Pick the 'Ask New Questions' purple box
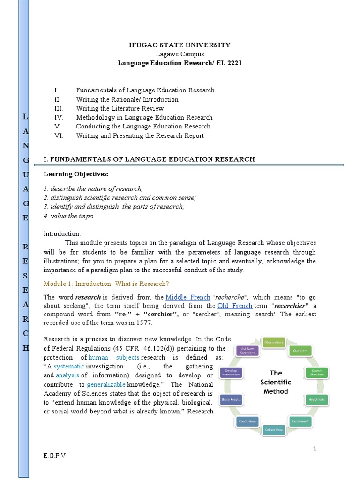click(x=247, y=351)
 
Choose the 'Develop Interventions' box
click(x=235, y=372)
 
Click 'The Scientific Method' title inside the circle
click(x=276, y=382)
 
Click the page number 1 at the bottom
click(x=315, y=449)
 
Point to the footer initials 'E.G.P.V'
click(x=54, y=456)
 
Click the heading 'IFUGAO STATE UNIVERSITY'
click(x=180, y=45)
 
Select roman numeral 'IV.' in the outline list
click(x=59, y=117)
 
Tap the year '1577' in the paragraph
click(x=144, y=322)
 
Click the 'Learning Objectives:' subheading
click(x=75, y=174)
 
